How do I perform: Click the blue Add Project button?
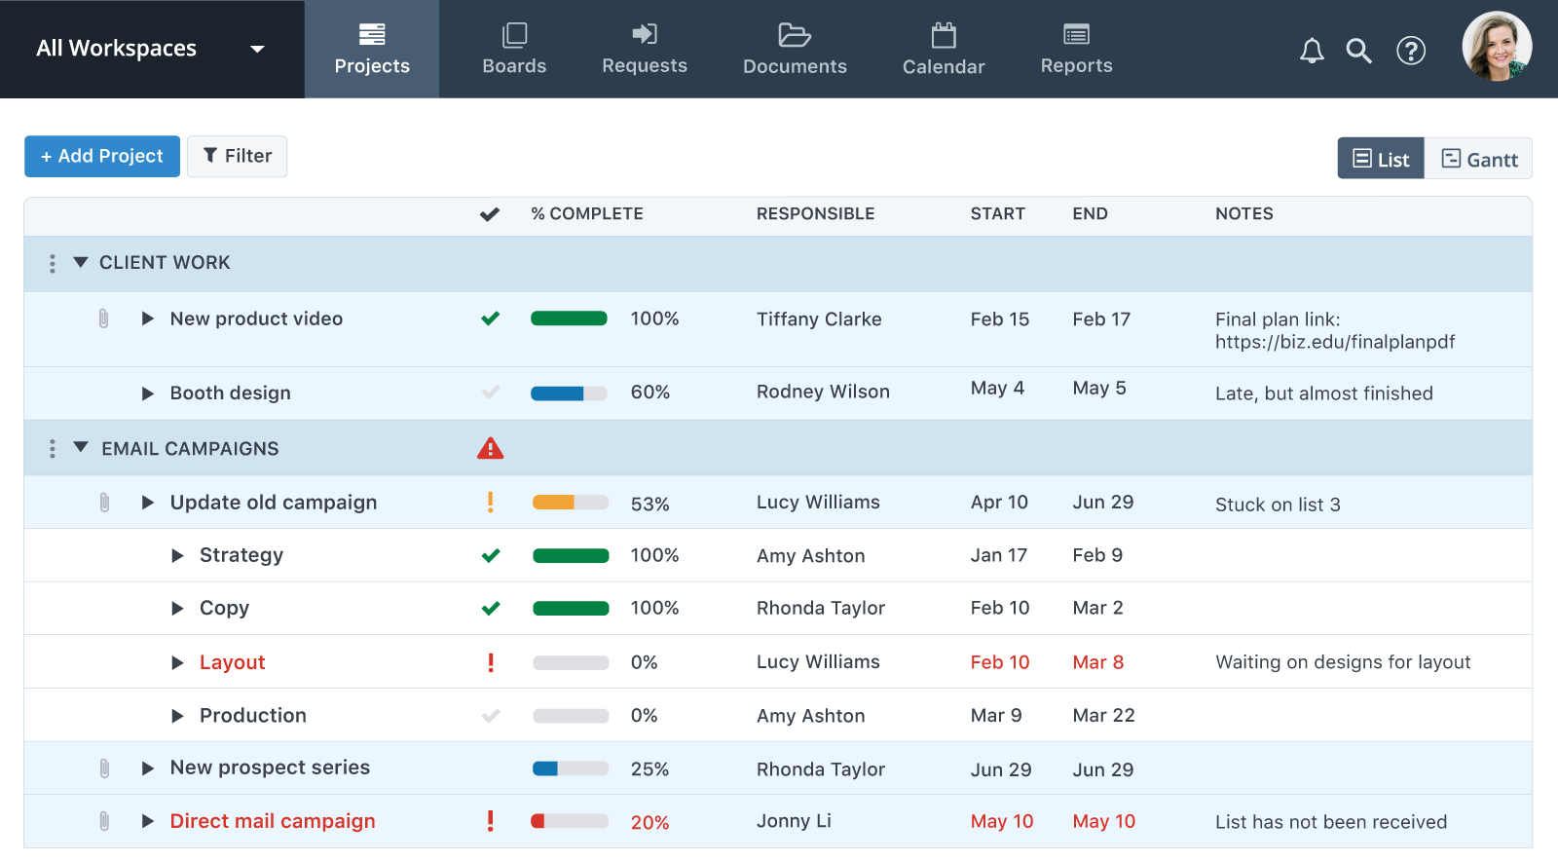coord(102,156)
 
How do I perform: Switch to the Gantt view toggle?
coord(1478,159)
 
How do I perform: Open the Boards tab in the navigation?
coord(514,49)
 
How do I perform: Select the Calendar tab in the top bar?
coord(943,49)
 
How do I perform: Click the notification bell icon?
coord(1312,51)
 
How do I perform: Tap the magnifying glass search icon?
coord(1358,51)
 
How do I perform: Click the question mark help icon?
coord(1410,51)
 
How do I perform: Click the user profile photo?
coord(1497,47)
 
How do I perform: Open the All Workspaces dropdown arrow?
coord(257,49)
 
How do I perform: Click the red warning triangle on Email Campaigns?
coord(490,448)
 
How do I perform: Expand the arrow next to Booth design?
coord(148,393)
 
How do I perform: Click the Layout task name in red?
coord(232,662)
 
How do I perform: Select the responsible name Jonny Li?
coord(794,821)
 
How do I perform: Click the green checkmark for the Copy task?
coord(491,609)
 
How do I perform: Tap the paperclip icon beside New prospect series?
coord(104,768)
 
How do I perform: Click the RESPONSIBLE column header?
coord(815,214)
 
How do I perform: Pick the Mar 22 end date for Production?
coord(1103,716)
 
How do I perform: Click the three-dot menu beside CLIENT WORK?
coord(53,263)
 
